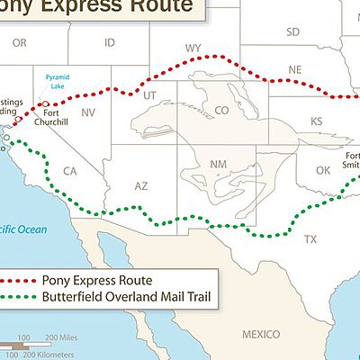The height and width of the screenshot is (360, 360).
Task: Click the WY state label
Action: (193, 47)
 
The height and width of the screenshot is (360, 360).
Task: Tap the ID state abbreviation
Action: (110, 42)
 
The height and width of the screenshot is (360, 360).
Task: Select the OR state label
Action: (20, 42)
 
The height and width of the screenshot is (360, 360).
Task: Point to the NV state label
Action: (89, 113)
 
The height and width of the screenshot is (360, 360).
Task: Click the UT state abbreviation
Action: (150, 94)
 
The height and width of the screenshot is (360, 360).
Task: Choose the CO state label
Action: (221, 111)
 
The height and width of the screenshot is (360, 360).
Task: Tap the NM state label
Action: (218, 165)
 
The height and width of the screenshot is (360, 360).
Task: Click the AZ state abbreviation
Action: (141, 185)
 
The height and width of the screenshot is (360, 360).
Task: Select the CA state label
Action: (69, 171)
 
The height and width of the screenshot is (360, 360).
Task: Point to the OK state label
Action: (322, 170)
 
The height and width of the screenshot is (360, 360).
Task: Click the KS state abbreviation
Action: (316, 121)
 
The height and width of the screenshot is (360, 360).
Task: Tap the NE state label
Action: (295, 69)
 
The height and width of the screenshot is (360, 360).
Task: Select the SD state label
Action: (292, 31)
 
